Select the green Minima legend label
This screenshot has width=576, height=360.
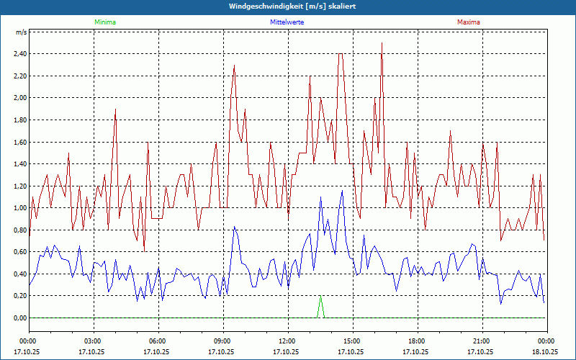[104, 22]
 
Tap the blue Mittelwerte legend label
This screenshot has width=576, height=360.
[287, 22]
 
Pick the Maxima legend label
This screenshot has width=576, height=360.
[468, 22]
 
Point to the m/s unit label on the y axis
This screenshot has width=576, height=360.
[21, 32]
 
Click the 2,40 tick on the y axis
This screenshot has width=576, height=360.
[19, 53]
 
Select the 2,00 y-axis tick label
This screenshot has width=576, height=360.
[19, 98]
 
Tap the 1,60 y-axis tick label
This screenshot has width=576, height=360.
[19, 142]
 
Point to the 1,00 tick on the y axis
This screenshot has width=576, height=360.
[19, 208]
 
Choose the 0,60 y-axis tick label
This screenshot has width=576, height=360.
[19, 252]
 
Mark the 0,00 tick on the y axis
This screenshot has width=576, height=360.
[19, 318]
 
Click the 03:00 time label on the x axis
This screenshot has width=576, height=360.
[93, 341]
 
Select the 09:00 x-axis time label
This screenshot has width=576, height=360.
[222, 341]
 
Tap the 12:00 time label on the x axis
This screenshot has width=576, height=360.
[287, 341]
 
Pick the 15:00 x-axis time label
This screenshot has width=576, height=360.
[351, 341]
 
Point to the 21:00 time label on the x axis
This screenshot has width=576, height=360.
[481, 341]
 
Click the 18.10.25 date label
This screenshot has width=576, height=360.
[545, 352]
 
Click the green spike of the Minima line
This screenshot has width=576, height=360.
[320, 298]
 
